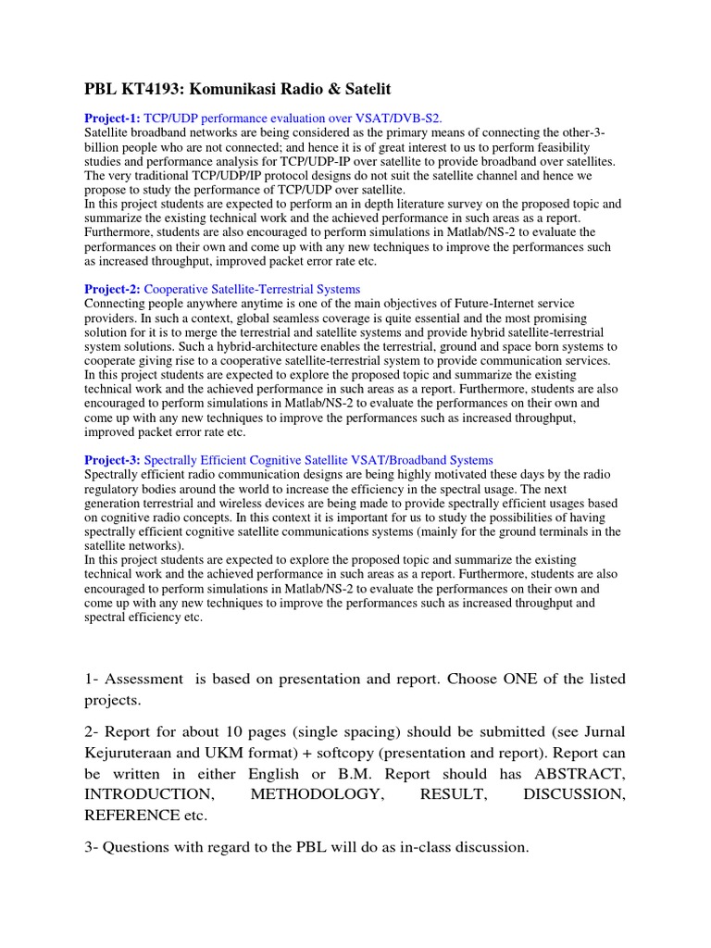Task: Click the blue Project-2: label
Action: pos(110,290)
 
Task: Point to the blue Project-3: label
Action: pos(110,460)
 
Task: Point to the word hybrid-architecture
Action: pos(183,345)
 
